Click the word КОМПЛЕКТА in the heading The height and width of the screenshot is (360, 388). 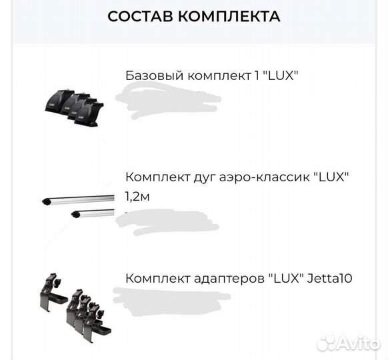[x=232, y=17]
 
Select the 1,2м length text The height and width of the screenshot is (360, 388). [x=137, y=196]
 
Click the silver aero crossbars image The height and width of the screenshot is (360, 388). [x=77, y=207]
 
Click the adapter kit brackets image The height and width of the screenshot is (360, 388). [x=73, y=304]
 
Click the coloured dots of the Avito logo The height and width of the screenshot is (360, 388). [x=325, y=343]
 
